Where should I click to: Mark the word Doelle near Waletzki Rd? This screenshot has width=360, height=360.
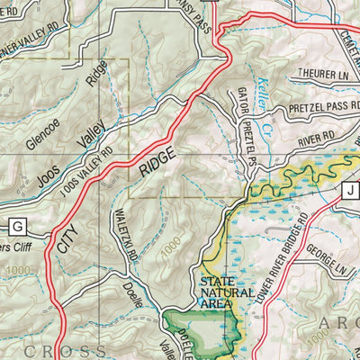(132, 297)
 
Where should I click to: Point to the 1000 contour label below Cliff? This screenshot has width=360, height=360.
(15, 271)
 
